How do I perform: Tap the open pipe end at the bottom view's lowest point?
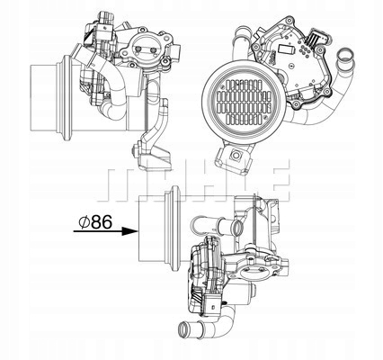pyautogui.click(x=193, y=343)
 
